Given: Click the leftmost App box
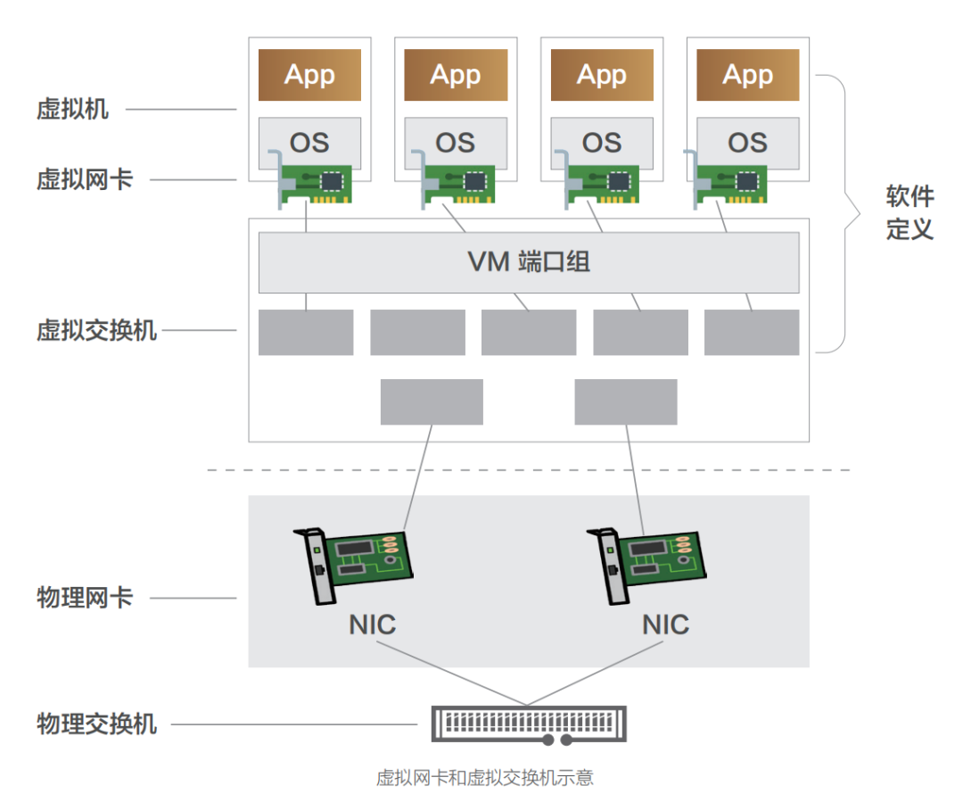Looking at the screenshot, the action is (x=309, y=75).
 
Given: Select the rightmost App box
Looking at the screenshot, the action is (x=748, y=75).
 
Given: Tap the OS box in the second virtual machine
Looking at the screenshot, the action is (x=456, y=143).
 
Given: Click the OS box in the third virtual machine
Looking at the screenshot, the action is (x=602, y=143).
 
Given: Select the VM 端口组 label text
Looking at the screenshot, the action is (x=529, y=261).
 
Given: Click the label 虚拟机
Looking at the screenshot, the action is (x=72, y=110).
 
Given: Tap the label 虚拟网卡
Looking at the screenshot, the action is (x=85, y=179).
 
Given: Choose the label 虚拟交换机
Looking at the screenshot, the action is (x=96, y=330).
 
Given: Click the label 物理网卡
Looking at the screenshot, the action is (x=85, y=598).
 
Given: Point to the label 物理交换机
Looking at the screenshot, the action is (x=96, y=724).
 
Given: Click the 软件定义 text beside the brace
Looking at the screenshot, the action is (x=909, y=212).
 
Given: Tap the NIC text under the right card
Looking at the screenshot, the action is (x=666, y=625).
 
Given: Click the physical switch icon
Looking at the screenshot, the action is (x=529, y=724).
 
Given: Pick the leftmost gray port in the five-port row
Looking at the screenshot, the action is (x=306, y=333).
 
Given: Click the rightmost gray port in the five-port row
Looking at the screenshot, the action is (x=752, y=333).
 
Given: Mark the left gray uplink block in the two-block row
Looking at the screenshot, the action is (x=432, y=402).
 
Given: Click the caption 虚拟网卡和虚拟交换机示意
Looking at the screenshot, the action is (x=484, y=778).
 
